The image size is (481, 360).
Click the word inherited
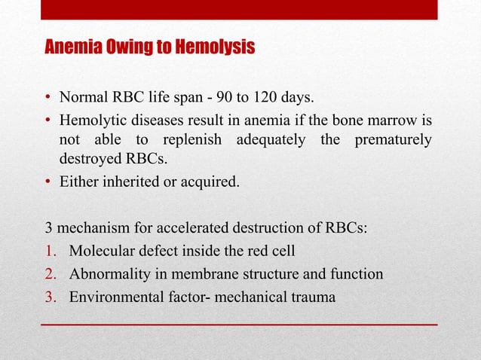(x=131, y=180)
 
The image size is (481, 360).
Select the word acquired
(x=209, y=180)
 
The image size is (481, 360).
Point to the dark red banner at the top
(x=239, y=10)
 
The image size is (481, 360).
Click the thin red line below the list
(x=239, y=324)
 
